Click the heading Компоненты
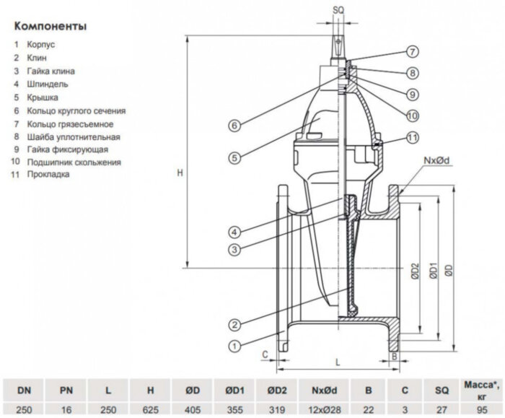[x=50, y=27]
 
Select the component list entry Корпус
[x=43, y=45]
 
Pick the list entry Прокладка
[x=49, y=175]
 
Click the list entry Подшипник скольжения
[x=74, y=162]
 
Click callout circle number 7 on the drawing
[x=411, y=52]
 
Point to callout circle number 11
[x=411, y=137]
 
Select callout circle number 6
[x=234, y=126]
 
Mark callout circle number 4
[x=234, y=232]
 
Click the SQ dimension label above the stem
[x=339, y=10]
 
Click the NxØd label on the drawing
[x=438, y=159]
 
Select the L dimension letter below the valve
[x=338, y=359]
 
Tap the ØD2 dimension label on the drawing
[x=416, y=271]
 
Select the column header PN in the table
[x=66, y=391]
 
